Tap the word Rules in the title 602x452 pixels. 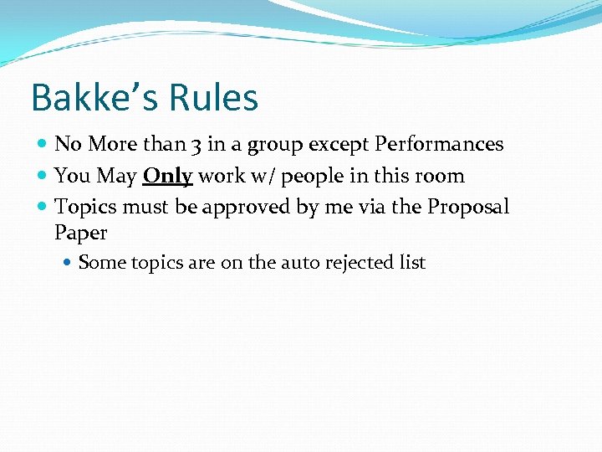212,98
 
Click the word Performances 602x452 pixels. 439,144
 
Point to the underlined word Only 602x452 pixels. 168,176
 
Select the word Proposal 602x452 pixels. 468,207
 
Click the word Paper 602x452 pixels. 81,233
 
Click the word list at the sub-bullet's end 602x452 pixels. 412,263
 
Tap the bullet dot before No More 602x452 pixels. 43,145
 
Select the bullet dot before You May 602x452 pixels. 43,176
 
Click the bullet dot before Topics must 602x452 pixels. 43,207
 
